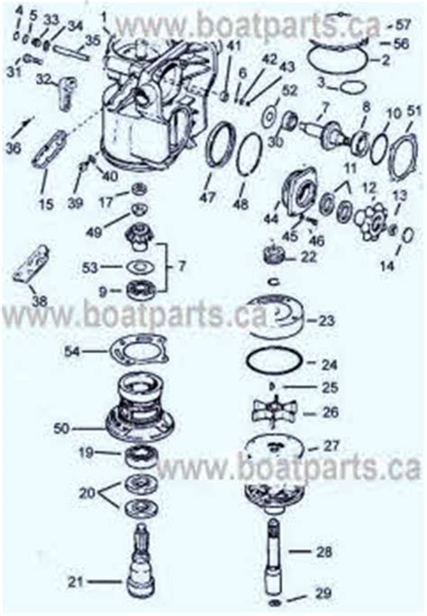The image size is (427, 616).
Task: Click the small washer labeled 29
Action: point(276,601)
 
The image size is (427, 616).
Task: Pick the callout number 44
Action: point(269,219)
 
